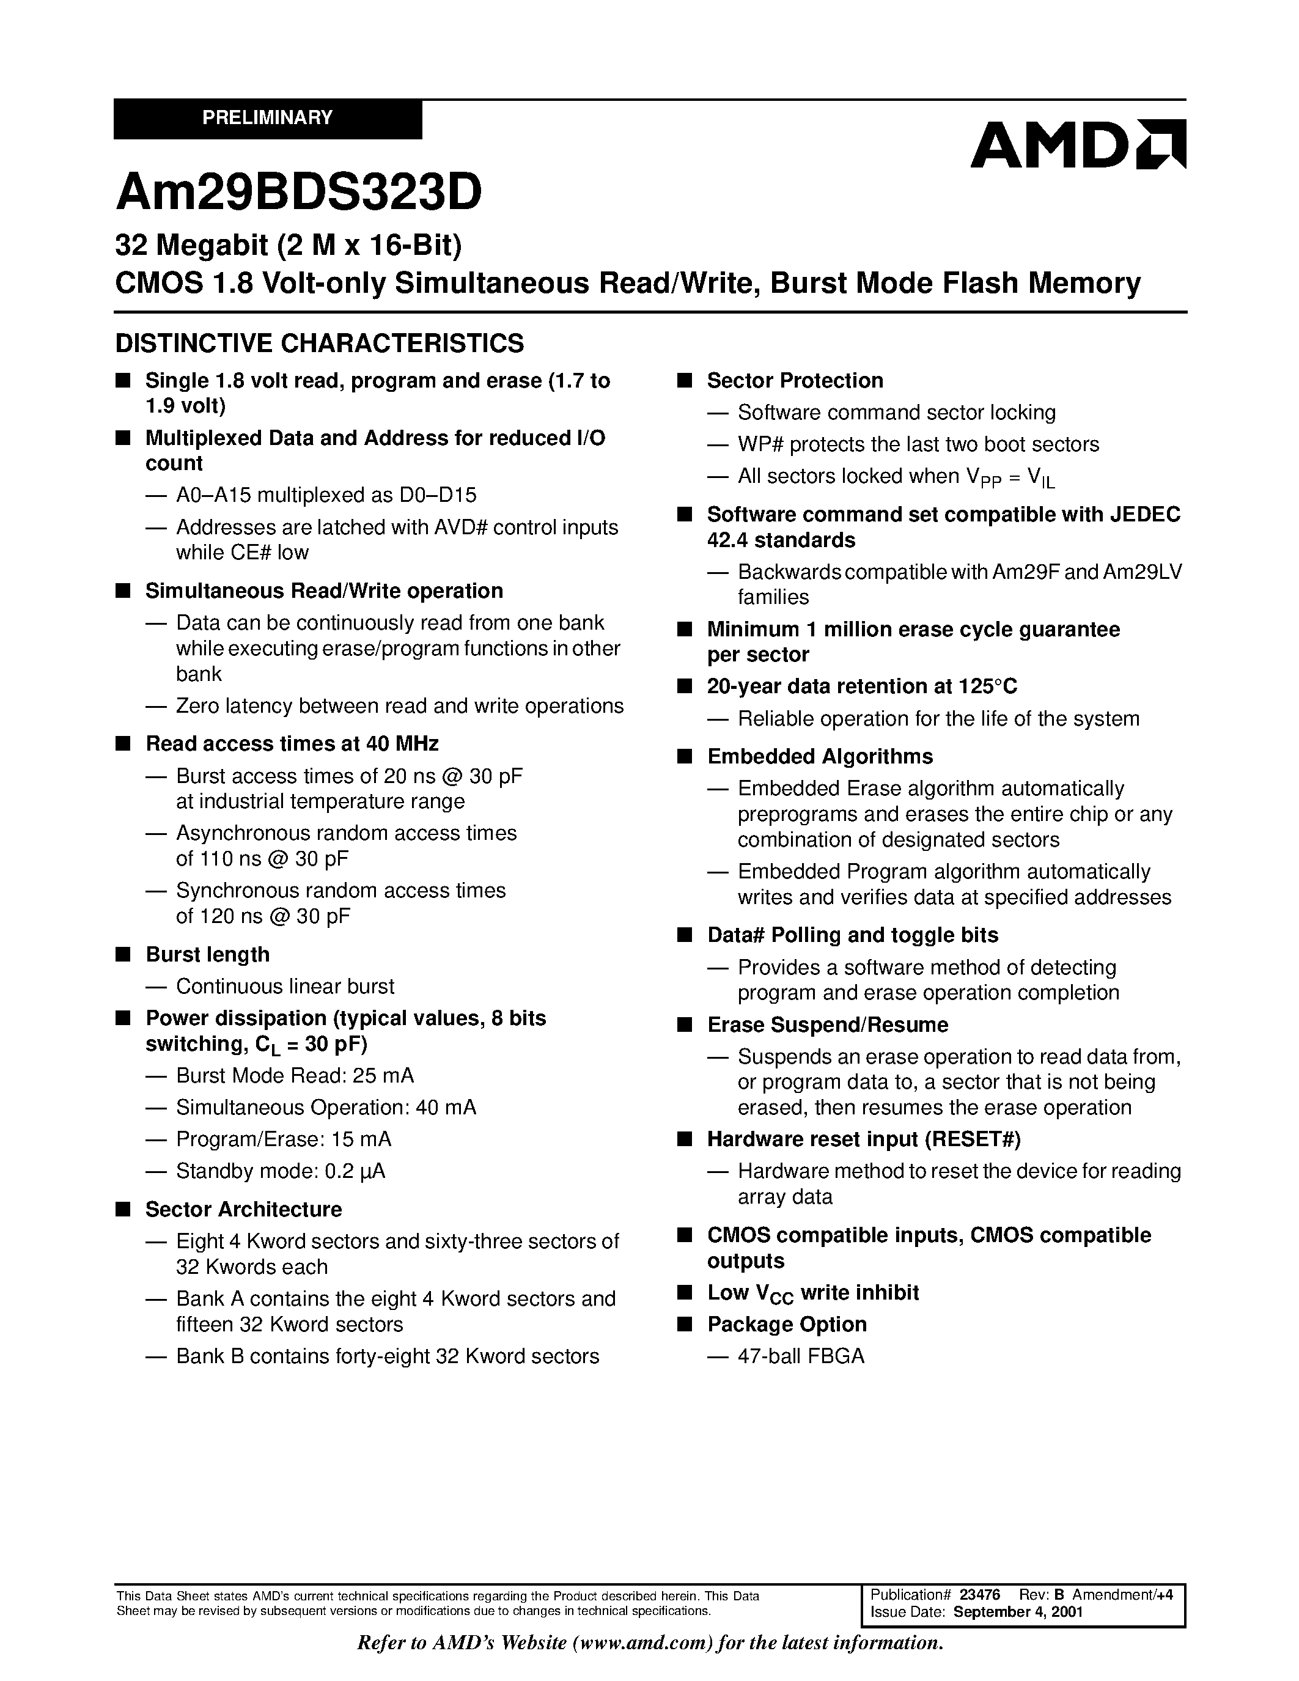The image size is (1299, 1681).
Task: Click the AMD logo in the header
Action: coord(1077,145)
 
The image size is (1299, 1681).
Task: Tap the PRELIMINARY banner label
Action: coord(267,118)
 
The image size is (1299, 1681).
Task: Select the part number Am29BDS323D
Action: coord(298,193)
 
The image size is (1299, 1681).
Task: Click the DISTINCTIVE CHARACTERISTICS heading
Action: coord(319,344)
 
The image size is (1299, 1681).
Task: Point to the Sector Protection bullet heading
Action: coord(794,381)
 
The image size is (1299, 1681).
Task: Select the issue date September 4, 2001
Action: coord(1018,1613)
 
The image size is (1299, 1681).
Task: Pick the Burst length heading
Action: coord(208,954)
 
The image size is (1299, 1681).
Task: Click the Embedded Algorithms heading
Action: coord(820,757)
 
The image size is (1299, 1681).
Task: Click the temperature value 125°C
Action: coord(988,686)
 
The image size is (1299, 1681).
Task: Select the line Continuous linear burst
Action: coord(285,987)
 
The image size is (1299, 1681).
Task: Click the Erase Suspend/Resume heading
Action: coord(827,1025)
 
